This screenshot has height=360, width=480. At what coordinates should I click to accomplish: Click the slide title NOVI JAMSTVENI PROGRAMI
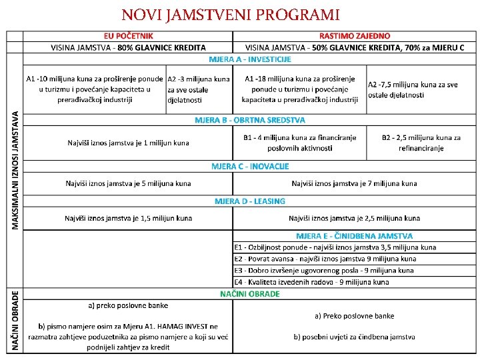click(231, 14)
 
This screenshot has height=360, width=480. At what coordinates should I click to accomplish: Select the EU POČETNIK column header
click(128, 35)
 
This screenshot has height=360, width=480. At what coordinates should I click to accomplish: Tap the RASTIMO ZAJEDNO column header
click(355, 35)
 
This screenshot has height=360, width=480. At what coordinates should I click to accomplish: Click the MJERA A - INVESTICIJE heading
click(250, 59)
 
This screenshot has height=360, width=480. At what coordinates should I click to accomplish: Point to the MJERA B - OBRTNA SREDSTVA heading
click(250, 121)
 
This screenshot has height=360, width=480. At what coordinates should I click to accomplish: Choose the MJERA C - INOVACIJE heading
click(250, 166)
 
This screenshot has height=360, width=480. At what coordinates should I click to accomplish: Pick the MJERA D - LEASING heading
click(250, 201)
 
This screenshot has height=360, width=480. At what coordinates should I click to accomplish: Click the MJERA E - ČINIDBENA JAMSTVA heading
click(354, 236)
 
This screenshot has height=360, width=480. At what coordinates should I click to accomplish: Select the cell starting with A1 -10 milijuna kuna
click(94, 89)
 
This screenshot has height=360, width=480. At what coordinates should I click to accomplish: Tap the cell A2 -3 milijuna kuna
click(199, 89)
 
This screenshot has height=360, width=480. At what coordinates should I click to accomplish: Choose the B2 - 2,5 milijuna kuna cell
click(421, 143)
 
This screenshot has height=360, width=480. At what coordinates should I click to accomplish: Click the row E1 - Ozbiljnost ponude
click(335, 247)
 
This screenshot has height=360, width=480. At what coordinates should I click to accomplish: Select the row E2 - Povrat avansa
click(325, 259)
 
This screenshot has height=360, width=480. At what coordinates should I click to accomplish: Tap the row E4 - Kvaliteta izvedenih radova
click(311, 282)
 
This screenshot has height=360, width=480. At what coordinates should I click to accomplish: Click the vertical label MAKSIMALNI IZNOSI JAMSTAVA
click(15, 171)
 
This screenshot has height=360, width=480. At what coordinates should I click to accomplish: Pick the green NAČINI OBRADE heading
click(250, 294)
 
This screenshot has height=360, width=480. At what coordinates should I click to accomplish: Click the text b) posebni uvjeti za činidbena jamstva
click(354, 337)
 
